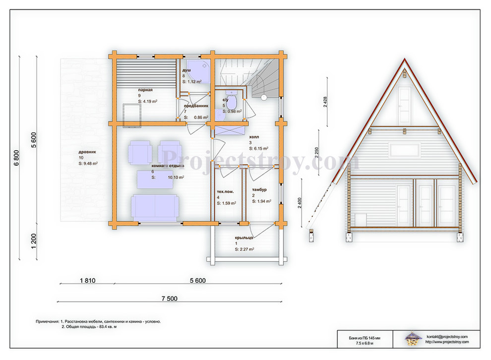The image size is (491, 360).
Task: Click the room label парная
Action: coord(145,90)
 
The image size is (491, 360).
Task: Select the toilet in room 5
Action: coord(232,100)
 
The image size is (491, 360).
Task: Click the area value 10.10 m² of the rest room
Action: coord(176,177)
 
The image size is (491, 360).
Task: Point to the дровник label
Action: coord(87,152)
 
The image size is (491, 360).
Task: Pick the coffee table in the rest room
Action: coord(155,180)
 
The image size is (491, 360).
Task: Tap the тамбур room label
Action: coord(259,190)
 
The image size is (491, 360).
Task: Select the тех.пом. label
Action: coord(226,191)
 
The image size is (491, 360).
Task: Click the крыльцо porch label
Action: coord(244,238)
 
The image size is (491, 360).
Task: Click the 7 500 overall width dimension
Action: coord(170,299)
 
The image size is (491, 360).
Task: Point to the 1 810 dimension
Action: coord(88,281)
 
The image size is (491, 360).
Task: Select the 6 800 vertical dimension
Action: coord(16,158)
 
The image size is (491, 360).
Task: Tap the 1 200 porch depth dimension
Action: coord(34,241)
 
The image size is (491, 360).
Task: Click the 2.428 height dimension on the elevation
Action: coord(325,102)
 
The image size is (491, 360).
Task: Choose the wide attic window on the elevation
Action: coord(404,150)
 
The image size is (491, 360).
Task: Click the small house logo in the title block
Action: coord(412,338)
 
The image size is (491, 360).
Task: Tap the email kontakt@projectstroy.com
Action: coord(447,337)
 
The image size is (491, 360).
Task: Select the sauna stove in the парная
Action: coord(132,115)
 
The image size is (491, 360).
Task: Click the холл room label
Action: coord(254,137)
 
